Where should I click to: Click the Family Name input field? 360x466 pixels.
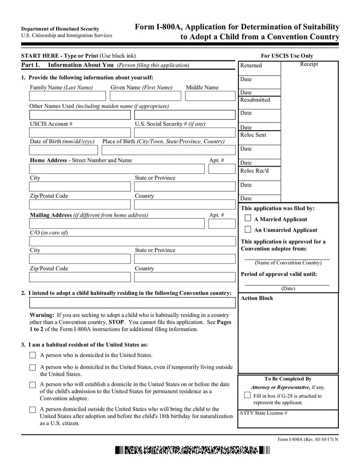tap(67, 96)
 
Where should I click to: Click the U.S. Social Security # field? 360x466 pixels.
tap(184, 132)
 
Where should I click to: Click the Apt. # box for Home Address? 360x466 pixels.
tap(219, 169)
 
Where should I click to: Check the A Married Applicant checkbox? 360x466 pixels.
tap(247, 218)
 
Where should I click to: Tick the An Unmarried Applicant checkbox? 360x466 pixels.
tap(247, 229)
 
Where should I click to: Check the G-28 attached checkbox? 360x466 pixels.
tap(247, 395)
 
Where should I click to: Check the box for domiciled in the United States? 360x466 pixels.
tap(32, 355)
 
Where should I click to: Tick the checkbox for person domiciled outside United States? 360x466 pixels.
tap(32, 410)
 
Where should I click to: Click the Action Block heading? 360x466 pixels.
tap(257, 298)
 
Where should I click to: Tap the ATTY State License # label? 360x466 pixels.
tap(263, 412)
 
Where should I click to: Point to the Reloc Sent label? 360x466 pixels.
tap(253, 135)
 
